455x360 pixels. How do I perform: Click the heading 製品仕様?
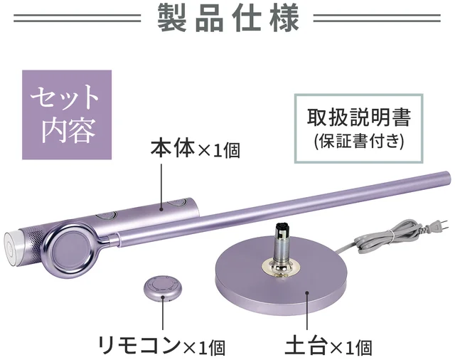click(x=227, y=18)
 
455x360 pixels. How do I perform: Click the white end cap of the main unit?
click(x=12, y=245)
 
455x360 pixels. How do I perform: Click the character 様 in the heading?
click(x=283, y=18)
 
